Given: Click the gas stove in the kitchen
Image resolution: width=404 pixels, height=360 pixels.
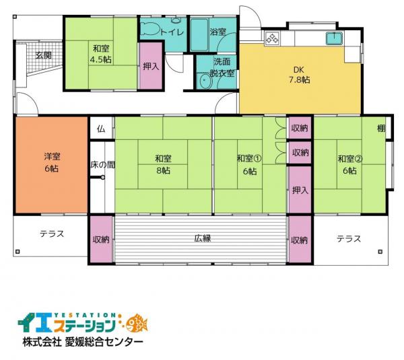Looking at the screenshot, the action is point(272,38).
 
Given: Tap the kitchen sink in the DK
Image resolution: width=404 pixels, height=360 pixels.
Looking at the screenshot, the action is point(334,38).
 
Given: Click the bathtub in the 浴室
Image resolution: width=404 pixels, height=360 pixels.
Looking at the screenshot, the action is point(199,35).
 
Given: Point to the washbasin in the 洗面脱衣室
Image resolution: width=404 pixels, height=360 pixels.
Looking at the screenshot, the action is point(205,81).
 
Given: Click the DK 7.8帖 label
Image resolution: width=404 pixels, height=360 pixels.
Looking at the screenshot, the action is point(299,75).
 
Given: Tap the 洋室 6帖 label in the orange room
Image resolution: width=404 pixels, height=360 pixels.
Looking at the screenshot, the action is point(52,162).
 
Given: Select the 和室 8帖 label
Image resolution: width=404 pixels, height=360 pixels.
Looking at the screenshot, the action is point(163,164).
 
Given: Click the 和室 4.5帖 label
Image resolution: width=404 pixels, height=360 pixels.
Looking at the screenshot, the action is point(101,54).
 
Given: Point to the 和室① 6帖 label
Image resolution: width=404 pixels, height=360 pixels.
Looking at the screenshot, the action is point(249,164).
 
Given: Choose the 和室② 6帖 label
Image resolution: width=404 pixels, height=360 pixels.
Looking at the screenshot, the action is point(350,164).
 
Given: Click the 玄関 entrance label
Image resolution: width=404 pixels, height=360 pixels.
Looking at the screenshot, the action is point(43,55).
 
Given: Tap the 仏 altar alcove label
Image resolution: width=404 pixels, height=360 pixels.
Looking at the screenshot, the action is point(101,129).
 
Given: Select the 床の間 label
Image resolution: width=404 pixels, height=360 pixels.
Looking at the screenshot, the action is point(102,165).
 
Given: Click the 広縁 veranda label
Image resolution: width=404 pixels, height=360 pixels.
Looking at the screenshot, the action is point(203,238).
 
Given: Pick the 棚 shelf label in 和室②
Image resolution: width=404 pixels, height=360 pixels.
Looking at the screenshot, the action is point(381,128).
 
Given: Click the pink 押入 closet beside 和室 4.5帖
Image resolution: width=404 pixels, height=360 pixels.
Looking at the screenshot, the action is point(151,66).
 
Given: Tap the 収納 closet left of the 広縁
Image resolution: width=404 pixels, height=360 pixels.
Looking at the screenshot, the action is point(101,240).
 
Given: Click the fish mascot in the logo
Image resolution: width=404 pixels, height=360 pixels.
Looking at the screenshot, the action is point(137,323).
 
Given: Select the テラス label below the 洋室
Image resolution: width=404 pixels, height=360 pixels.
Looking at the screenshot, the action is point(52,233).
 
